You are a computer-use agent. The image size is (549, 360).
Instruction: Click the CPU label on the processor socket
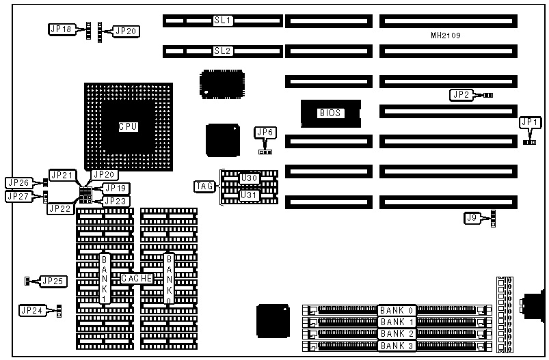coord(128,126)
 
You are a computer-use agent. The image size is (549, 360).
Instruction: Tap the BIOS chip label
coord(330,113)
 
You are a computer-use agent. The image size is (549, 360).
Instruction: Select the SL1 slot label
coord(223,21)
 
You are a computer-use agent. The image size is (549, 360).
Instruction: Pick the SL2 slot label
coord(223,51)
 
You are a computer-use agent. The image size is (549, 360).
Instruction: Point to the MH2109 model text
coord(445,35)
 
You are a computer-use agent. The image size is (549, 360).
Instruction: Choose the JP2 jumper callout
coord(461,94)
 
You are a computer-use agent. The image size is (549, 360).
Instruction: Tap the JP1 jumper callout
coord(530,122)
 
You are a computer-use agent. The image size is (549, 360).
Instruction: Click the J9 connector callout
coord(472,218)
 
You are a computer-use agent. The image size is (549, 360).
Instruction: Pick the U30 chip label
coord(249,178)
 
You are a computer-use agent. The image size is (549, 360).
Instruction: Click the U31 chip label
coord(249,194)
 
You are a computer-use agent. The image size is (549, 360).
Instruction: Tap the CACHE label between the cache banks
coord(137,279)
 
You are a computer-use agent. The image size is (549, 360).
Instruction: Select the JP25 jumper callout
coord(52,281)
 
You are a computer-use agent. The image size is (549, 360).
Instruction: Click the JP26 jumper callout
coord(18,183)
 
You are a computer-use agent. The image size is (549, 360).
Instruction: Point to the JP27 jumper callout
coord(18,197)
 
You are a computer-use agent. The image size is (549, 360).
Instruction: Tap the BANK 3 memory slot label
coord(397,346)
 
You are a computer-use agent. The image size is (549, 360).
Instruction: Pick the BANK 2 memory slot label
coord(397,333)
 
